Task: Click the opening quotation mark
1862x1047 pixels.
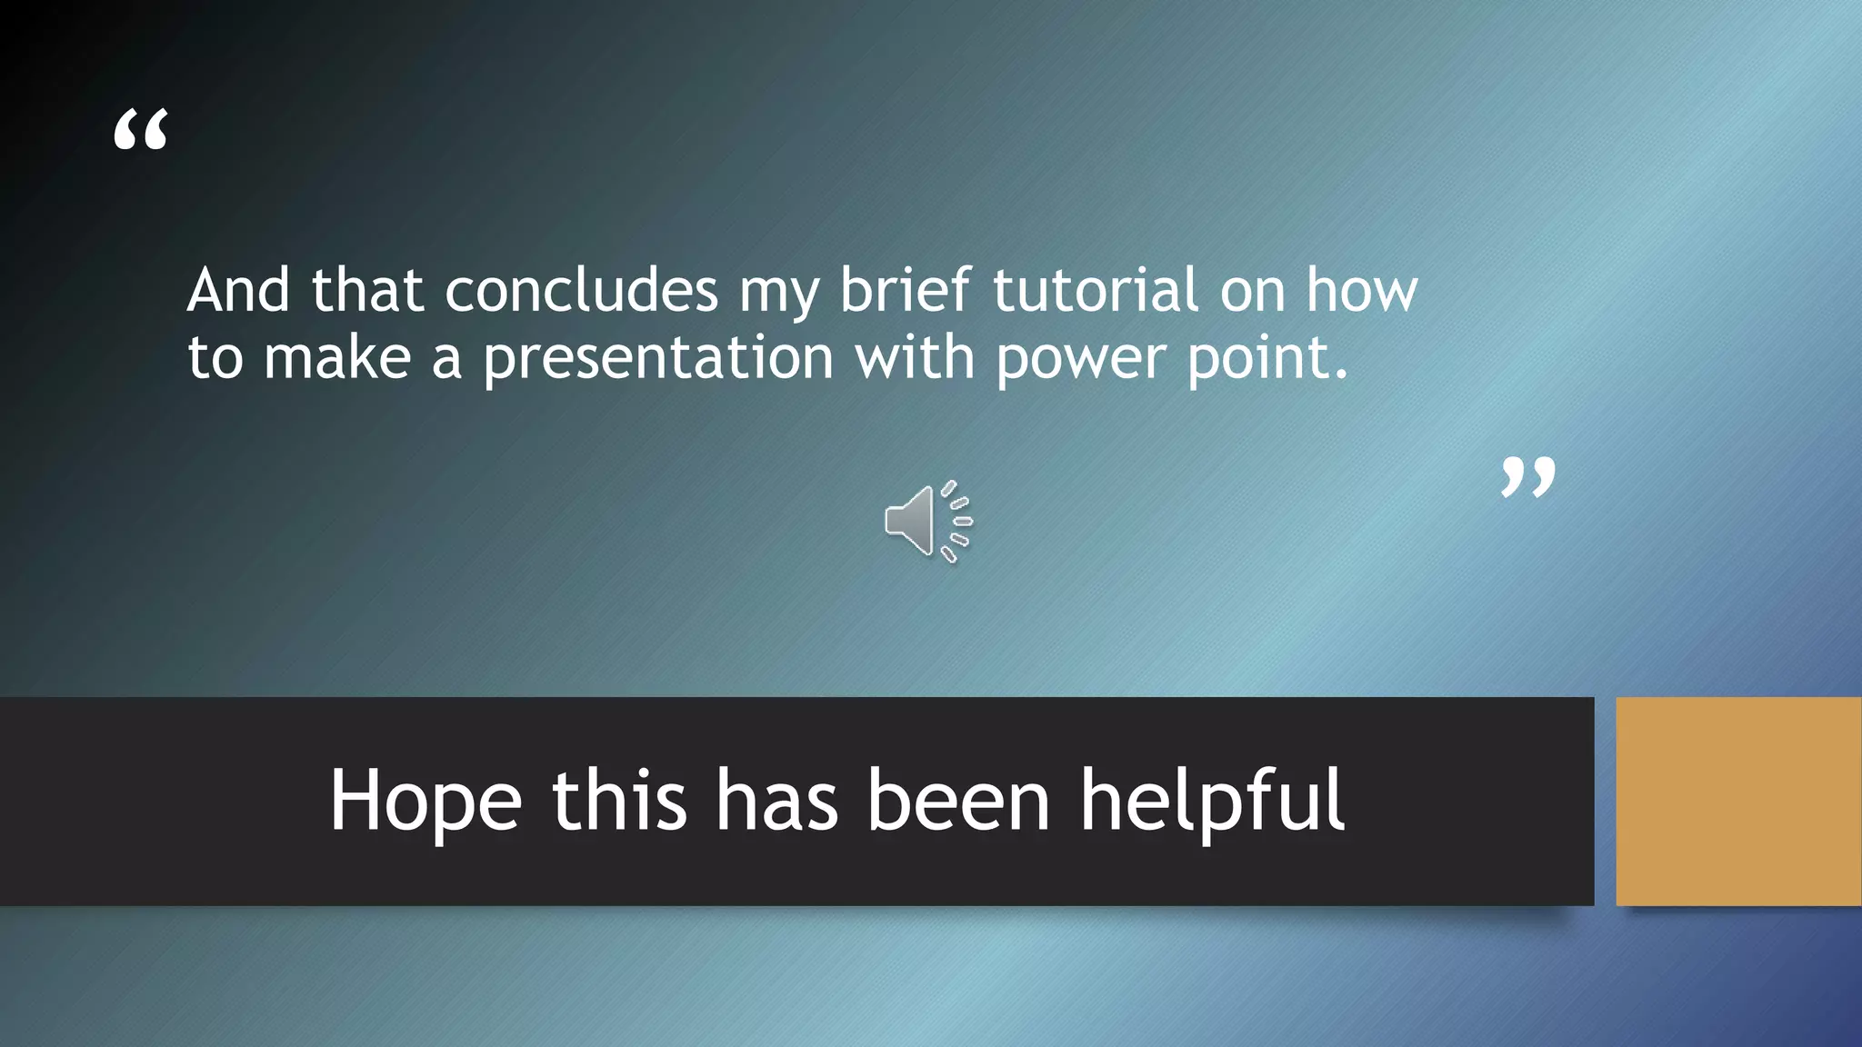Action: click(141, 129)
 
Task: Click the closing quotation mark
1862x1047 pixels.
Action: click(1527, 477)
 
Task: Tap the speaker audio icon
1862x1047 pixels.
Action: click(928, 521)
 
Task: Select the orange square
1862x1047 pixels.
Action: click(1738, 801)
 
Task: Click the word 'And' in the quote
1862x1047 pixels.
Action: click(238, 291)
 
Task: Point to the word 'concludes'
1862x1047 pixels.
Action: click(582, 291)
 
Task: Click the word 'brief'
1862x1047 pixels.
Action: click(905, 291)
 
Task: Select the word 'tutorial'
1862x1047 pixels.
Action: click(1095, 291)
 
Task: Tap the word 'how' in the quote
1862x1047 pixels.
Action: click(1361, 291)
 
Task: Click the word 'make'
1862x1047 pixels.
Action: click(337, 358)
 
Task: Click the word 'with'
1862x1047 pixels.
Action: click(915, 357)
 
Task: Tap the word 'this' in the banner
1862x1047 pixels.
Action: click(619, 800)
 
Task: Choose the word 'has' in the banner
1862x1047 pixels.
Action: click(776, 800)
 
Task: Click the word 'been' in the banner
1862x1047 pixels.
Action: click(958, 800)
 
